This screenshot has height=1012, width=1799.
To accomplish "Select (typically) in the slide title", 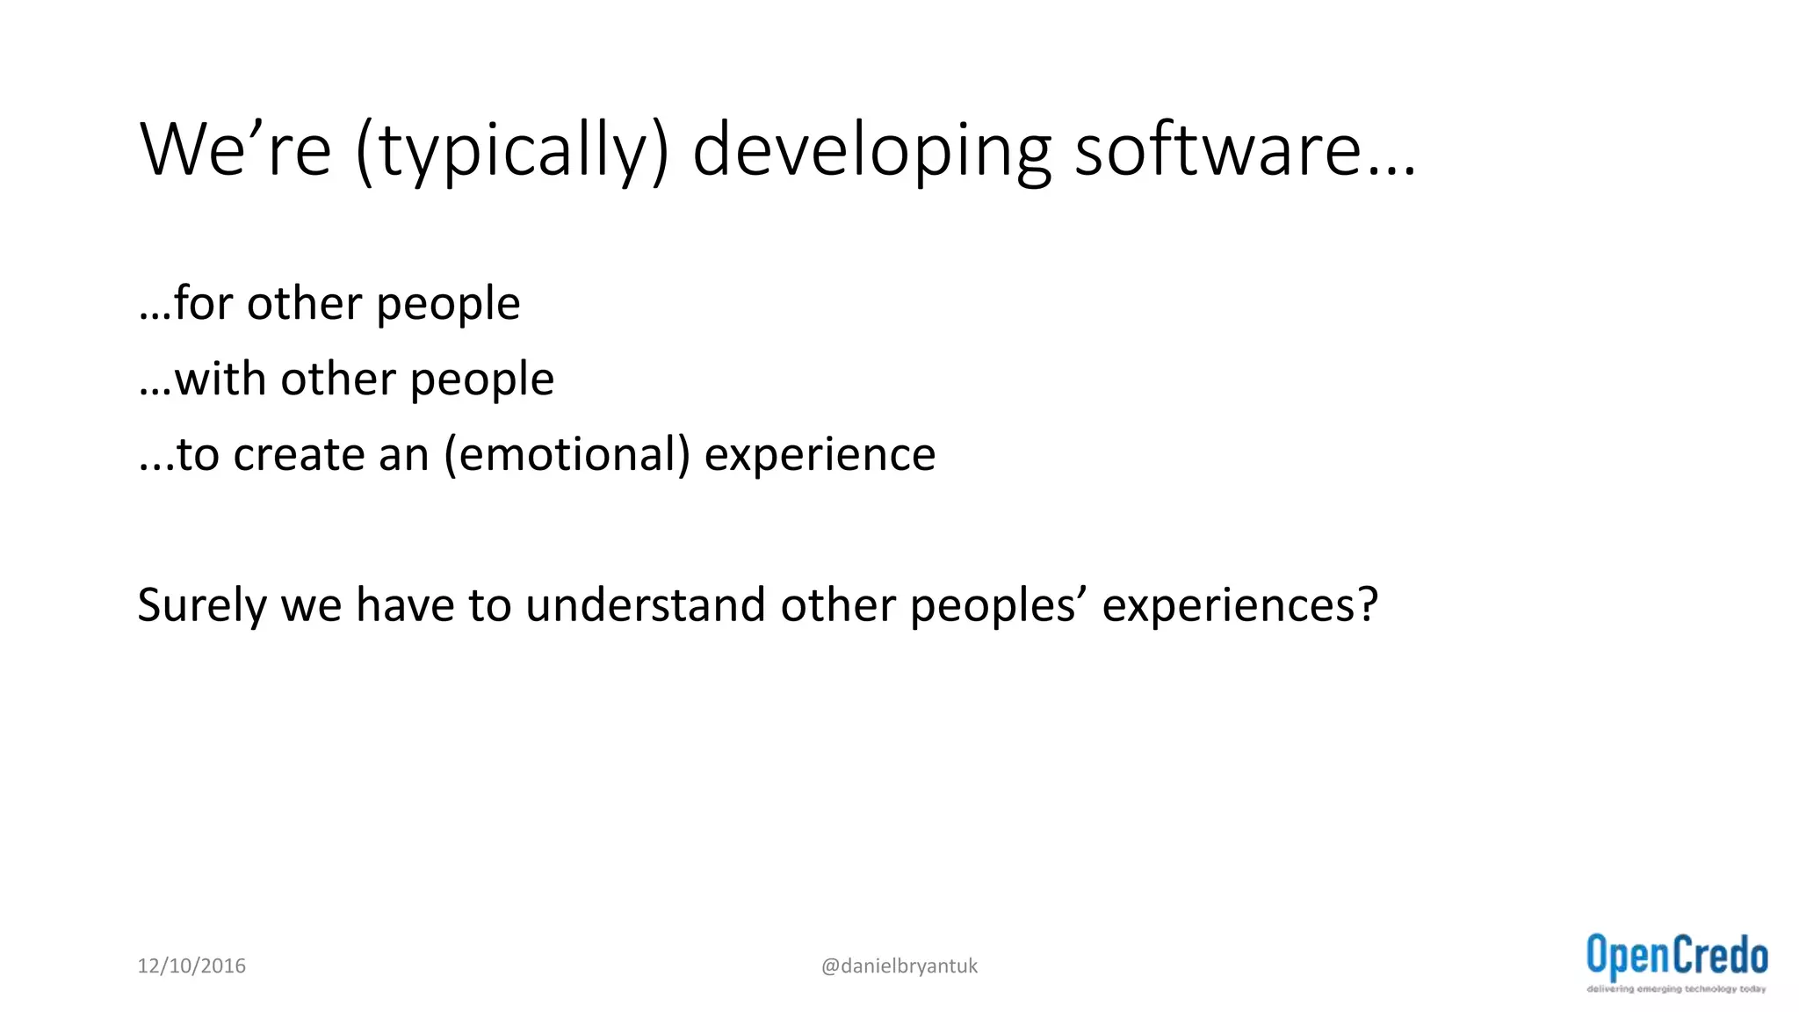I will [x=512, y=151].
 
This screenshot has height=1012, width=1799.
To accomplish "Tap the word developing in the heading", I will [x=871, y=151].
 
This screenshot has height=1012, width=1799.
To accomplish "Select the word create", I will [x=299, y=455].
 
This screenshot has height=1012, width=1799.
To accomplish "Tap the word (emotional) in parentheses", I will [x=567, y=455].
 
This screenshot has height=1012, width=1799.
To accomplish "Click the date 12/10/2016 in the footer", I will [x=191, y=965].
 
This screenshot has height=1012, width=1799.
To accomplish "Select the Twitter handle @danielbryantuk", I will [x=899, y=965].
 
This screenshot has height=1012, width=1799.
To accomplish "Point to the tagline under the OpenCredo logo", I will [x=1675, y=989].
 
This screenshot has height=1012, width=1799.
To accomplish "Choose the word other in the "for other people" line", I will [x=304, y=303].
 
